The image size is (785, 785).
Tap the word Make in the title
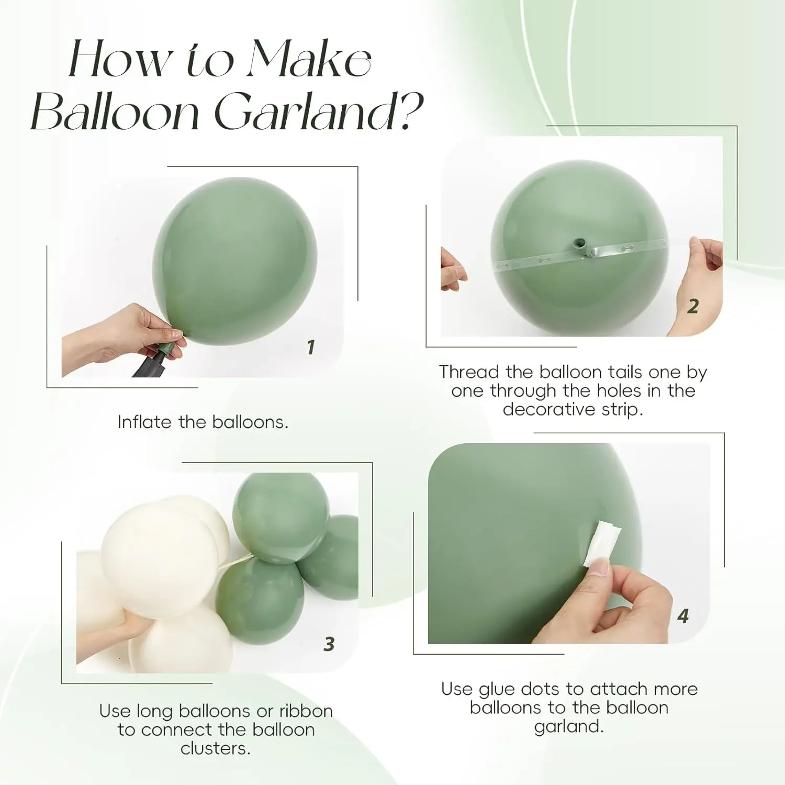[309, 59]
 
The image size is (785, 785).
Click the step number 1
[311, 347]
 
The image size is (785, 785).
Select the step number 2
[693, 306]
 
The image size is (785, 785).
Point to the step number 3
[329, 644]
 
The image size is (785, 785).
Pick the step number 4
[683, 616]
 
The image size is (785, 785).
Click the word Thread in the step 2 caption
[469, 372]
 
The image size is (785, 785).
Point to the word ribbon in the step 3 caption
[306, 711]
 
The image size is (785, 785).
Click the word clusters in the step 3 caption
[215, 749]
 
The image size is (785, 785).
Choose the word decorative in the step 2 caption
[549, 409]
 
